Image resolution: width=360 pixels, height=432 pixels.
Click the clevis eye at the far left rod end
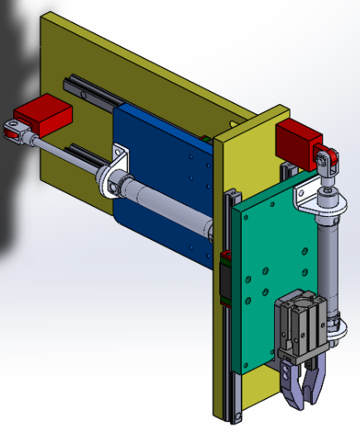point(13,129)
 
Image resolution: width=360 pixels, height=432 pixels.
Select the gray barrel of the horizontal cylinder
point(174,206)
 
